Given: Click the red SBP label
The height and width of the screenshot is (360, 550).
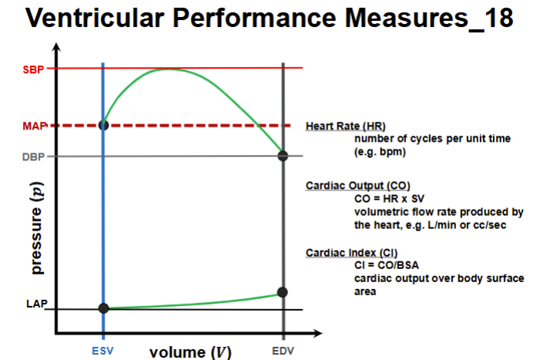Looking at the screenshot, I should click(34, 69).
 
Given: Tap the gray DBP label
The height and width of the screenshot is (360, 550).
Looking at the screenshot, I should click(34, 156).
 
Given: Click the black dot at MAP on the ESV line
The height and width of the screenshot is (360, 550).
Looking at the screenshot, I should click(103, 124).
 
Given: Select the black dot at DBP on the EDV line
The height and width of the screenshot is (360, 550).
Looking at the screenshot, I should click(283, 156).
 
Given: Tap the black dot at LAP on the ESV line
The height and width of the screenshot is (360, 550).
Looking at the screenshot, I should click(103, 308).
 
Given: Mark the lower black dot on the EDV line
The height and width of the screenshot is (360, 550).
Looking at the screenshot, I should click(283, 292).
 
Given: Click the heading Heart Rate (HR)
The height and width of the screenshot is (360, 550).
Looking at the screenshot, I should click(346, 126).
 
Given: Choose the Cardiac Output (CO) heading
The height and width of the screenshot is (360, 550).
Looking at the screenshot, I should click(357, 186).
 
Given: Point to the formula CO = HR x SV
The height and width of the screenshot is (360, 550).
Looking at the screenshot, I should click(391, 199).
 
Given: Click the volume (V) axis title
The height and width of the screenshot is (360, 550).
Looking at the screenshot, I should click(189, 352).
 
